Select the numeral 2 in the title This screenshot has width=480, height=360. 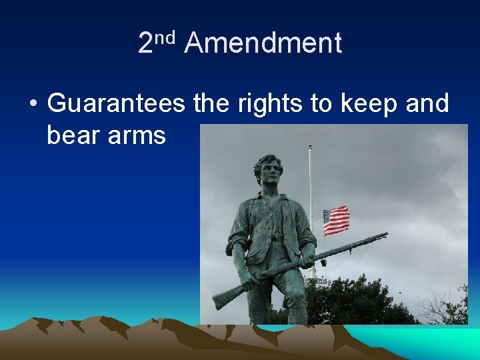(x=145, y=44)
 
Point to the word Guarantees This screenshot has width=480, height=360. (x=117, y=105)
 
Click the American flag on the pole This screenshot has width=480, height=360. (x=336, y=221)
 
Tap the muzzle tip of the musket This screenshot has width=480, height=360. (x=386, y=234)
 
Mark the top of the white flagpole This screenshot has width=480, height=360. (x=309, y=145)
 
